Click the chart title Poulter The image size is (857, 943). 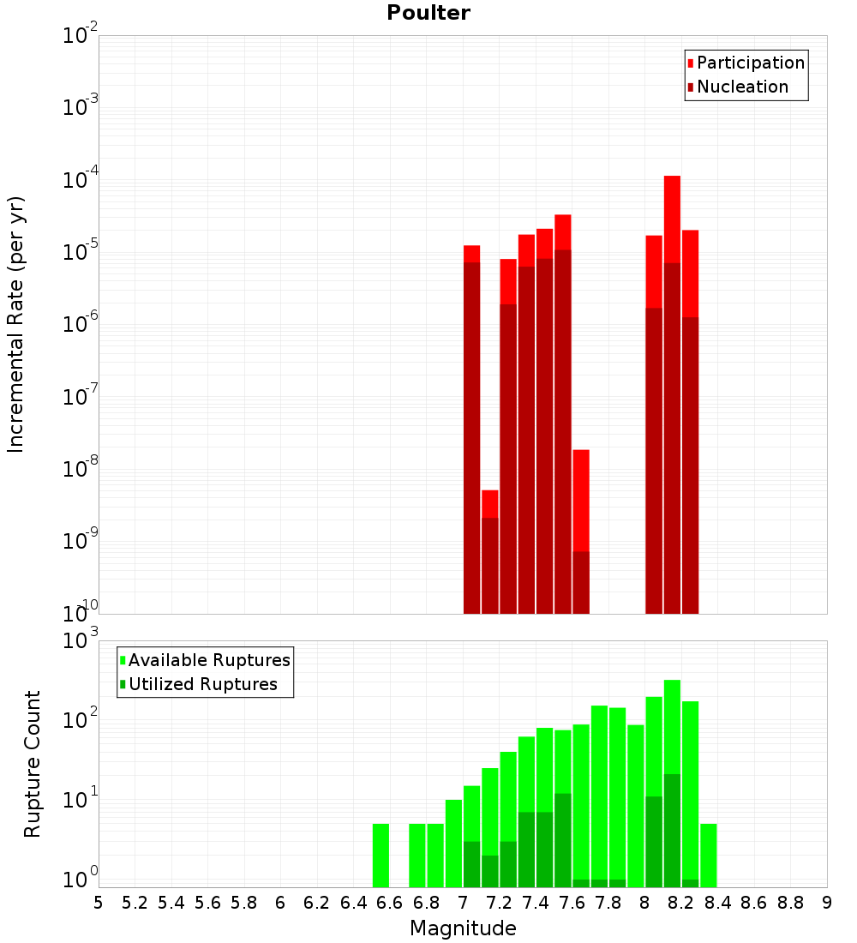click(428, 13)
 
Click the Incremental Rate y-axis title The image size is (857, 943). click(16, 324)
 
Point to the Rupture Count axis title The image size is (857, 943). click(33, 763)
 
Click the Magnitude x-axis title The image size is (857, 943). click(463, 928)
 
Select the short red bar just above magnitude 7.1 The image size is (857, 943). click(489, 504)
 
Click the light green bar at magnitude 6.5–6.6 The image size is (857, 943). click(381, 855)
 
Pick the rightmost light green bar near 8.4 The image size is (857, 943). click(709, 855)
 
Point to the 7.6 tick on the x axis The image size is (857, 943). click(572, 903)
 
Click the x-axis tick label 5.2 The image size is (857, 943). click(135, 903)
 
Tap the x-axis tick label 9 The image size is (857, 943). click(827, 903)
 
